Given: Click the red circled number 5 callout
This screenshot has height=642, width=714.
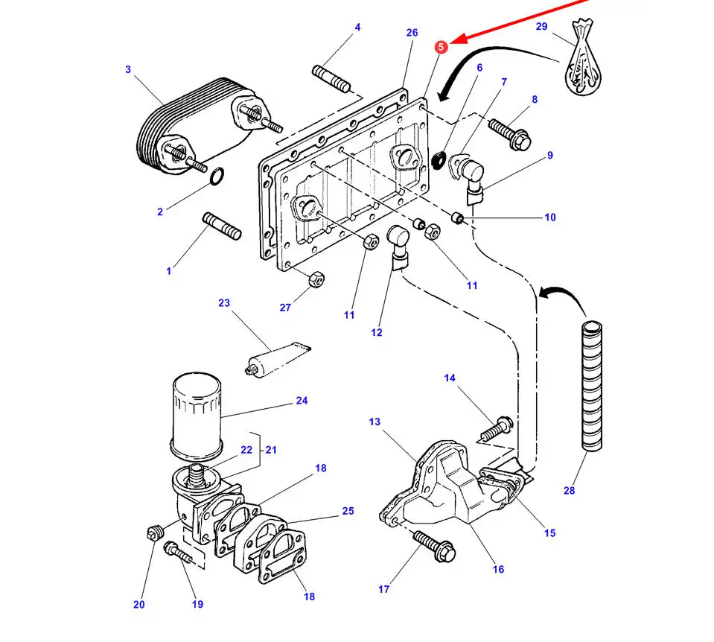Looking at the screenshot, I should pos(442,47).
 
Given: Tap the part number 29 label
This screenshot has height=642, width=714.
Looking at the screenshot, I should pos(541,27).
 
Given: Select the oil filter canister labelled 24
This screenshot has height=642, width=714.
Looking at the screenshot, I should pos(197,416).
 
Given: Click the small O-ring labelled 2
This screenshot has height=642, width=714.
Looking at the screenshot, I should pos(217,177).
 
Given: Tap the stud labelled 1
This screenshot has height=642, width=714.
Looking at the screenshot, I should pos(222,226).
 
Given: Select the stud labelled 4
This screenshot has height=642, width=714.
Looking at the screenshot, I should pos(332,78).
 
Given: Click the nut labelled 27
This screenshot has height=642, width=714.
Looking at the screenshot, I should pos(315,279).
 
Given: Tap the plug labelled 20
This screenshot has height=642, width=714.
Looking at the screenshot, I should pos(155,532).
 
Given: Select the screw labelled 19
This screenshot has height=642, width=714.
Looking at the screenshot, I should pos(178,553).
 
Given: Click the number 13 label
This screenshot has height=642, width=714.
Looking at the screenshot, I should pos(374,422).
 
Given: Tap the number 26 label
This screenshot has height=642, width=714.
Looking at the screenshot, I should pos(412,33).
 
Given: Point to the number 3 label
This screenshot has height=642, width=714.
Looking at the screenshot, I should pos(128,70).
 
